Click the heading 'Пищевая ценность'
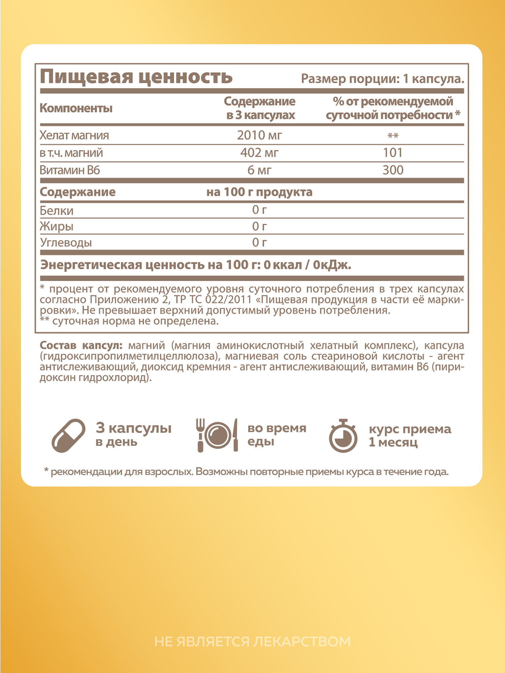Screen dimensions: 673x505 pos(136,77)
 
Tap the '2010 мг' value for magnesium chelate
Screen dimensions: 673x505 pos(259,135)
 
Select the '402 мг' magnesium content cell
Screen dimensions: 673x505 pos(259,153)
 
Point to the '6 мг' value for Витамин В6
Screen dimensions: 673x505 pos(259,170)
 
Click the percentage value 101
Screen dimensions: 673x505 pos(393,153)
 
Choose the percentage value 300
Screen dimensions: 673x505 pos(393,170)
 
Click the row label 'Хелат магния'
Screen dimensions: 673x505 pos(74,135)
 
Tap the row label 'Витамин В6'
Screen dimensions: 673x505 pos(70,170)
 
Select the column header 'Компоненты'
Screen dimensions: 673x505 pos(76,108)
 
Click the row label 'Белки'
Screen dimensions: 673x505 pos(57,211)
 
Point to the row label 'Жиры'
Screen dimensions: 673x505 pos(57,226)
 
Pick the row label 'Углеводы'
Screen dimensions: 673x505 pos(66,243)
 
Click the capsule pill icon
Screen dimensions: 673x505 pos(69,435)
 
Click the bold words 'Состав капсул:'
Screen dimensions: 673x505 pos(81,345)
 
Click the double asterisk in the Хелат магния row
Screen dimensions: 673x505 pos(393,136)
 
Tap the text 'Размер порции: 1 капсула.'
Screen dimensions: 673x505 pos(382,79)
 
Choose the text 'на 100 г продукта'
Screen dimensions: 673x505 pos(259,192)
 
